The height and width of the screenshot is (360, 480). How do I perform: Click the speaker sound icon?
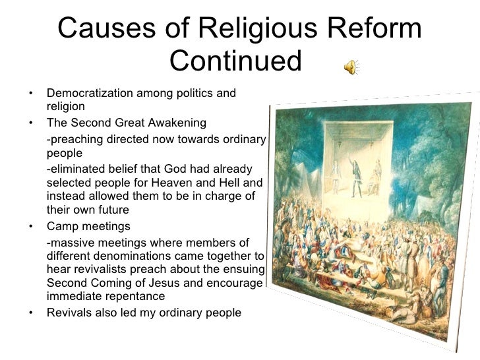pos(351,67)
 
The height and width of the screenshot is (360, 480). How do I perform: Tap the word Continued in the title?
pos(235,61)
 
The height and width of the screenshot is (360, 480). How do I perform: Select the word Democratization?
pos(90,93)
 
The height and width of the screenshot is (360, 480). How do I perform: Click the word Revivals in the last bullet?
pos(69,313)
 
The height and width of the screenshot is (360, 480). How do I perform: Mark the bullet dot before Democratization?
pos(32,93)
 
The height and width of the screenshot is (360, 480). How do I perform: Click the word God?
pos(165,169)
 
